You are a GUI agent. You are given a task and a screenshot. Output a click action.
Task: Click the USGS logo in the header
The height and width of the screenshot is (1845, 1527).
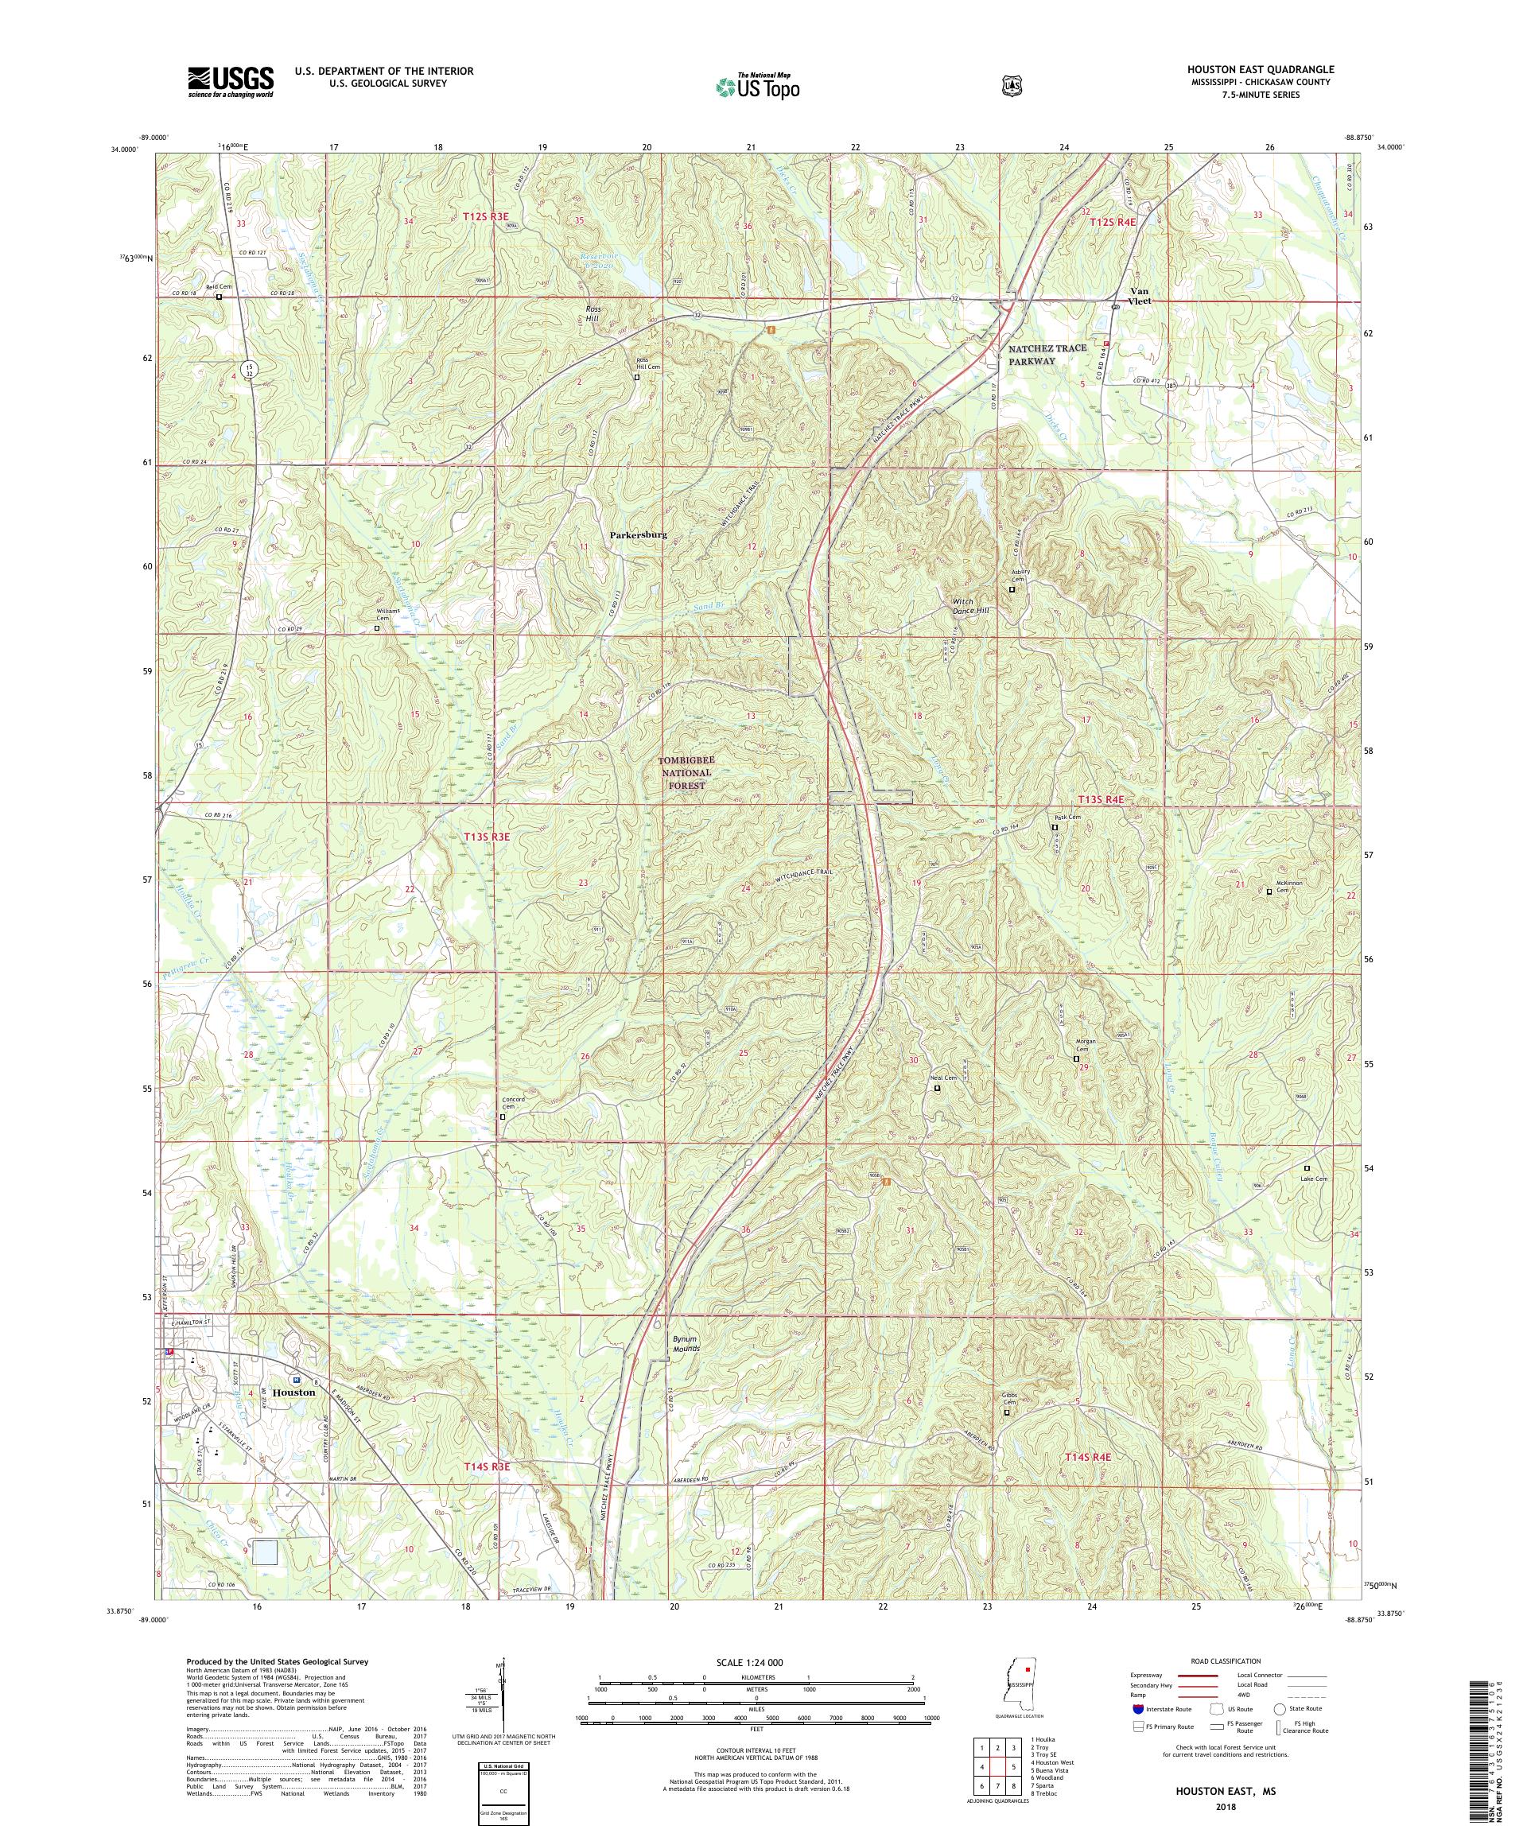point(230,82)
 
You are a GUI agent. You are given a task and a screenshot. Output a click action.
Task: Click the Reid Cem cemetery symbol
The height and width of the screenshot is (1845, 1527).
point(219,297)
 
